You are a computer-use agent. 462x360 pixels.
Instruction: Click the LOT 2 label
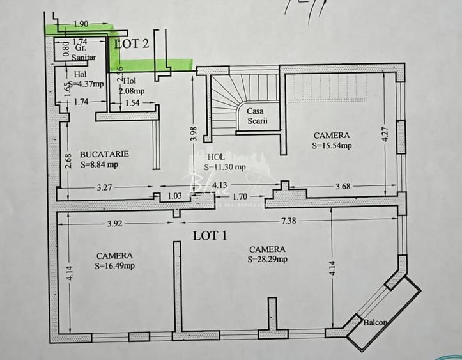tap(132, 43)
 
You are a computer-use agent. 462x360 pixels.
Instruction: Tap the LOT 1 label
tap(210, 235)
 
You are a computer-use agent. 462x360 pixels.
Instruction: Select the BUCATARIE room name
tap(105, 154)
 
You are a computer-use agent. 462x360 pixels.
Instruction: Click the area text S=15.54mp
tap(332, 145)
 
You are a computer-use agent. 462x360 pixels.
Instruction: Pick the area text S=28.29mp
tap(268, 259)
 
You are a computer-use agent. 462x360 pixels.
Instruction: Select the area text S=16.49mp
tap(115, 265)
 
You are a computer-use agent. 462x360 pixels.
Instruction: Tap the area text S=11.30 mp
tap(225, 168)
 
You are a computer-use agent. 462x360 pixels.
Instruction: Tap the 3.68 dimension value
tap(343, 187)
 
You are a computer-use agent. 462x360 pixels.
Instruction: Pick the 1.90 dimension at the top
tap(81, 24)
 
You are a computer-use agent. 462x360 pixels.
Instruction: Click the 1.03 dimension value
tap(174, 196)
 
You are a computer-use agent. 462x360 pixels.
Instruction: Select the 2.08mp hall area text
tap(132, 91)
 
